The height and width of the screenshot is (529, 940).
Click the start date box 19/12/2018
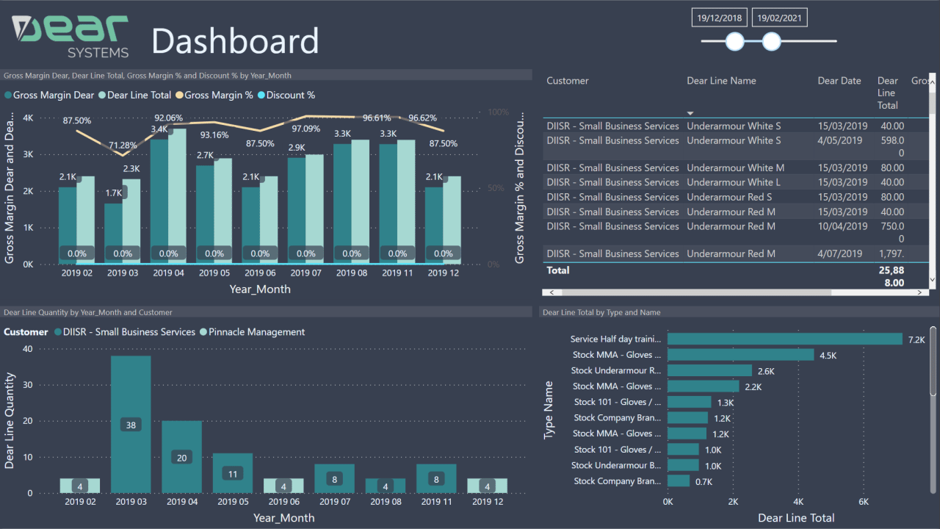(x=720, y=18)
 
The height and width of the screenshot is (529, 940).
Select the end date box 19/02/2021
(x=779, y=18)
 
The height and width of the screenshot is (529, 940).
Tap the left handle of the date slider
(x=735, y=42)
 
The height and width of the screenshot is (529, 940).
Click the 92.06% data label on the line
(x=168, y=118)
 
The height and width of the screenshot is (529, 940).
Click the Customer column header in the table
(x=568, y=81)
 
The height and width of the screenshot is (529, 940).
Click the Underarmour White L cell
(x=734, y=182)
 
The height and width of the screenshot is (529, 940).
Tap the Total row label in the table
(x=558, y=270)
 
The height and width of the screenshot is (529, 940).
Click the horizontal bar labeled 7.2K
(x=784, y=339)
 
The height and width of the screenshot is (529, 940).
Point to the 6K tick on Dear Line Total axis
(x=864, y=502)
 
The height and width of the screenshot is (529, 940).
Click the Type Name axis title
(x=549, y=411)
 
